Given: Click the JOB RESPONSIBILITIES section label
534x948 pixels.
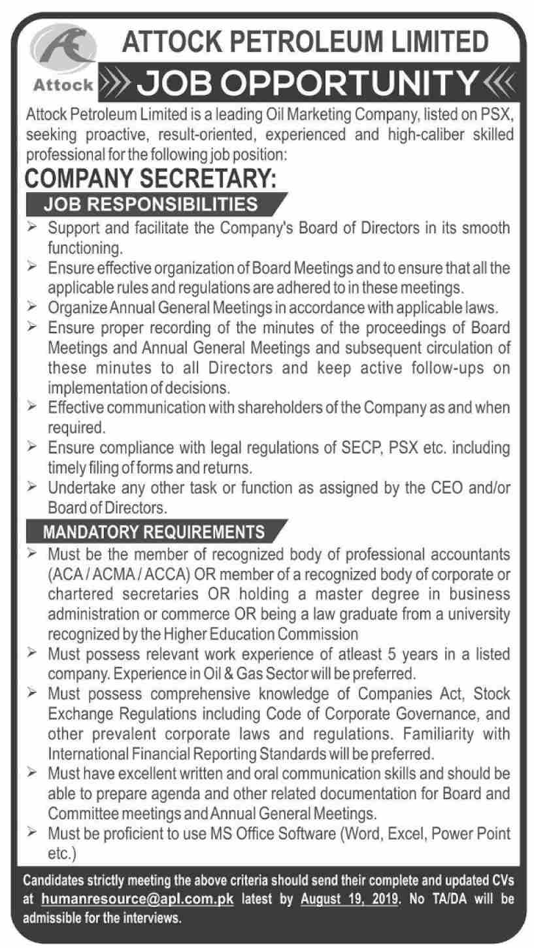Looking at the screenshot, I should (x=150, y=204).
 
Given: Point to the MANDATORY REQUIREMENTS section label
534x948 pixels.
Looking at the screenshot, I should (x=154, y=531).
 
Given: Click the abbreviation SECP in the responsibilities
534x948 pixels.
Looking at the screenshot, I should (x=339, y=450).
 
